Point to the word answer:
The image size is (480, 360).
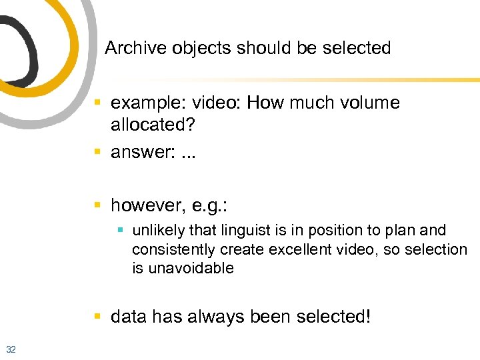coord(142,152)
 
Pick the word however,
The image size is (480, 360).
coord(152,203)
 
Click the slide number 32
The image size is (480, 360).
coord(11,349)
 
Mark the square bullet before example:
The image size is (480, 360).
coord(98,104)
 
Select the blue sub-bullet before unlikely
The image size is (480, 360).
coord(120,231)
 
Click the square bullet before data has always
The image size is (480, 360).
coord(98,317)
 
